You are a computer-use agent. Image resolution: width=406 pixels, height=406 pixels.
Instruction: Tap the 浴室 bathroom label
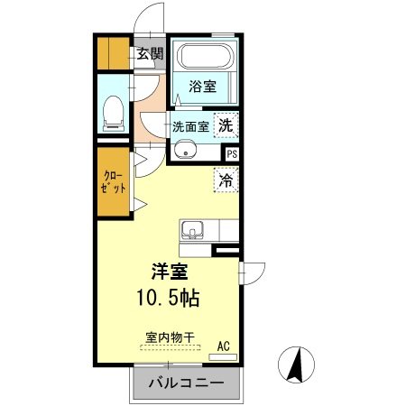tap(202, 87)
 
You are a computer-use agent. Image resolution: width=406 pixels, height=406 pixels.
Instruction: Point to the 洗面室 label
tap(190, 127)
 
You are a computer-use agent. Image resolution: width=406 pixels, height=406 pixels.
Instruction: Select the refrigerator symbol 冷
tap(226, 180)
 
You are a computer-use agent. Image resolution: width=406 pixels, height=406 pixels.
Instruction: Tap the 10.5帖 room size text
tap(169, 297)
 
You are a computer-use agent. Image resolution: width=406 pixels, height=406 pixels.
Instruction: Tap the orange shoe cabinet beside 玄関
tap(113, 54)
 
